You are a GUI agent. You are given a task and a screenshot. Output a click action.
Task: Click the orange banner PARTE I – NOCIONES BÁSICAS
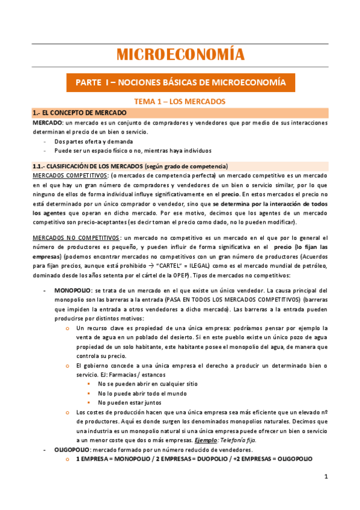pyautogui.click(x=180, y=81)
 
